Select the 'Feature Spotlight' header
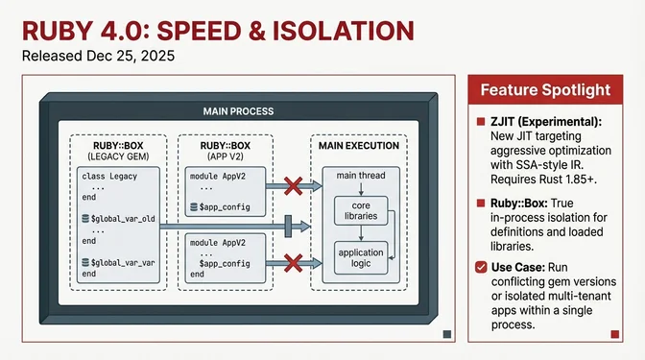click(x=545, y=89)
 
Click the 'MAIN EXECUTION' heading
click(x=356, y=145)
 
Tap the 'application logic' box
click(x=360, y=256)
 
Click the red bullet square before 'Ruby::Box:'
click(x=481, y=204)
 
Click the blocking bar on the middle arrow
click(x=286, y=228)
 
